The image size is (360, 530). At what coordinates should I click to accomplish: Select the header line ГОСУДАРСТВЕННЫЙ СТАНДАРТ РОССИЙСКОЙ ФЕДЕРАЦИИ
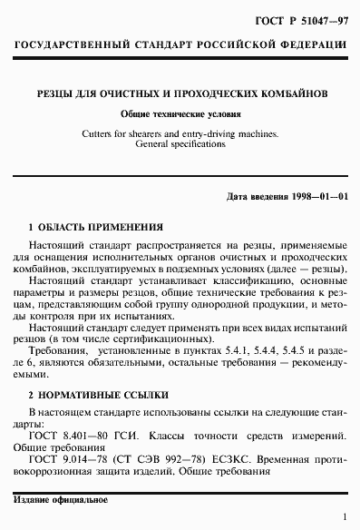pos(180,44)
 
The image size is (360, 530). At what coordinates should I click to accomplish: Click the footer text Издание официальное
pos(62,501)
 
